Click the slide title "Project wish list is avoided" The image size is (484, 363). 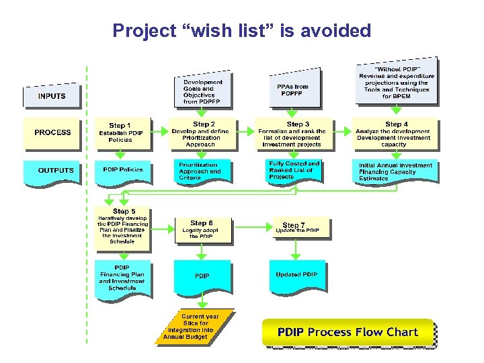(242, 31)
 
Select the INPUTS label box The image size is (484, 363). (52, 96)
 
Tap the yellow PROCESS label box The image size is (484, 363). (52, 132)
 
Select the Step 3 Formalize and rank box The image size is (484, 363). (292, 134)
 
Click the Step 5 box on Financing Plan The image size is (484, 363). (122, 227)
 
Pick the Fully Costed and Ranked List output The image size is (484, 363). (294, 171)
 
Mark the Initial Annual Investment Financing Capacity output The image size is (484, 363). (395, 172)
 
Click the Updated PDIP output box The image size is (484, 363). (296, 276)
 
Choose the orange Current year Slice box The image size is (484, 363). (197, 327)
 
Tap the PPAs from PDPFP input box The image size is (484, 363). (293, 89)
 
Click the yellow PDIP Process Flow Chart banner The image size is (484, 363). (348, 333)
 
